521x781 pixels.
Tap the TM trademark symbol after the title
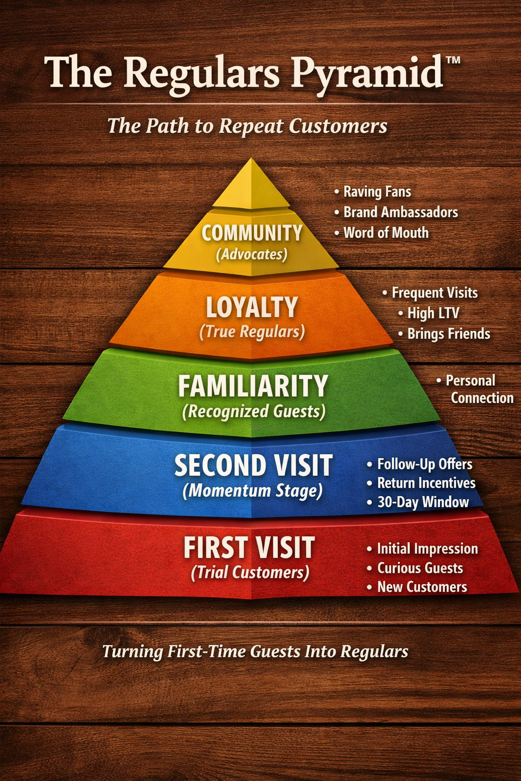(452, 61)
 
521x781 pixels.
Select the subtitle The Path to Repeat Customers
(247, 126)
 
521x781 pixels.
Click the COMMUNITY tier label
(252, 233)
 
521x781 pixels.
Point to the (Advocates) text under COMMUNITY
(251, 254)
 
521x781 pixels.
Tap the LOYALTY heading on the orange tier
(252, 308)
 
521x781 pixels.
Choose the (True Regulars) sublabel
(252, 332)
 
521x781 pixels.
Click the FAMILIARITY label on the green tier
(253, 386)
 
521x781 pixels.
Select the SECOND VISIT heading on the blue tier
(253, 465)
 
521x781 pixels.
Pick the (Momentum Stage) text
(252, 491)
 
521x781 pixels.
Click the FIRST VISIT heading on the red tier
(249, 548)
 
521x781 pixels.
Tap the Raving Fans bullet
(377, 192)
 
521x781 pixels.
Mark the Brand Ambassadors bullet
(400, 212)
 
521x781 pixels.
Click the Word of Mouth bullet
(386, 233)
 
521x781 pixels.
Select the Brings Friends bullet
(448, 334)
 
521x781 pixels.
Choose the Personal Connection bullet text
(476, 389)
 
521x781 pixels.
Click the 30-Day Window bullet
(422, 502)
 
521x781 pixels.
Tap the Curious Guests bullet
(420, 568)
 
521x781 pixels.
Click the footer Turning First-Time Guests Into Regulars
(255, 651)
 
